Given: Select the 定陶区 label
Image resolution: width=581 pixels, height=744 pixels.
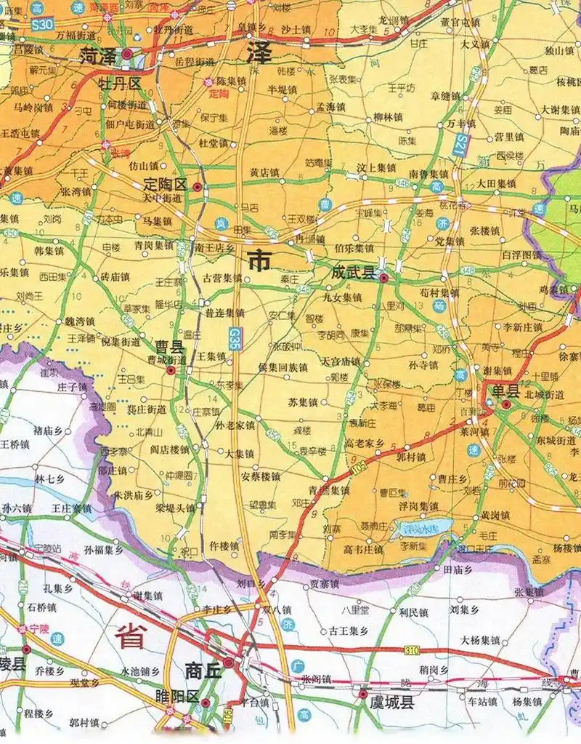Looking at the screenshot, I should click(x=166, y=185).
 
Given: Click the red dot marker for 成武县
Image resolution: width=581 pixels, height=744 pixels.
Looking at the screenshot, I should click(x=383, y=278).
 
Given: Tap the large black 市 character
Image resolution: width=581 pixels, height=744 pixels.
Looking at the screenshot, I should click(x=260, y=260).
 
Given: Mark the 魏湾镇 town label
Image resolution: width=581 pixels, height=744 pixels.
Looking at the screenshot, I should click(x=81, y=321).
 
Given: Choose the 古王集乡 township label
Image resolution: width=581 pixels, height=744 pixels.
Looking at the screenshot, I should click(x=352, y=631).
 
